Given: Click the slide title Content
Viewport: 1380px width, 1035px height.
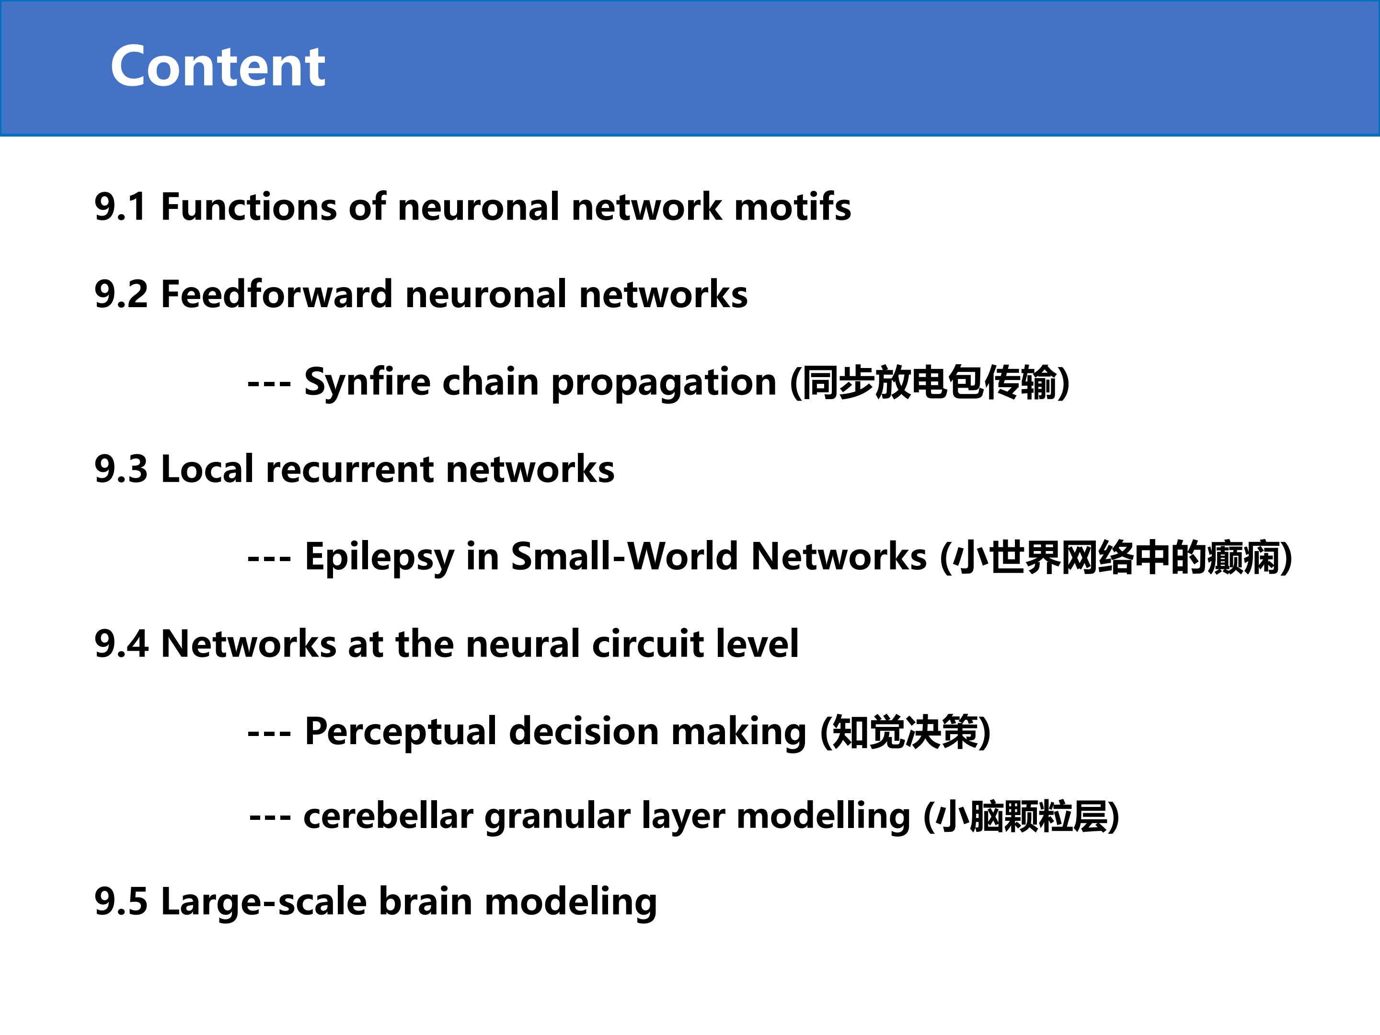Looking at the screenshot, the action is click(218, 66).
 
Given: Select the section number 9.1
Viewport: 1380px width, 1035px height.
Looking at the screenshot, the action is click(120, 207).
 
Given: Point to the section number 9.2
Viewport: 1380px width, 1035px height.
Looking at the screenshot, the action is click(121, 295).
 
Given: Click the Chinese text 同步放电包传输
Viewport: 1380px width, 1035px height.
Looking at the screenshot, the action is click(930, 382).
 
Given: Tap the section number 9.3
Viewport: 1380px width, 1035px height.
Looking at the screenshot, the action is click(121, 469).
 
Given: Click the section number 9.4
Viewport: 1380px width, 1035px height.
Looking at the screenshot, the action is click(122, 644).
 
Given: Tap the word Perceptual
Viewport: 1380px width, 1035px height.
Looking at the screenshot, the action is click(401, 732).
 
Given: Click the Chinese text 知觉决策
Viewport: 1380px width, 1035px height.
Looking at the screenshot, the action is click(905, 731).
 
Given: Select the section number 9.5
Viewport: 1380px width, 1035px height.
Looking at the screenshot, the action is click(121, 902).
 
